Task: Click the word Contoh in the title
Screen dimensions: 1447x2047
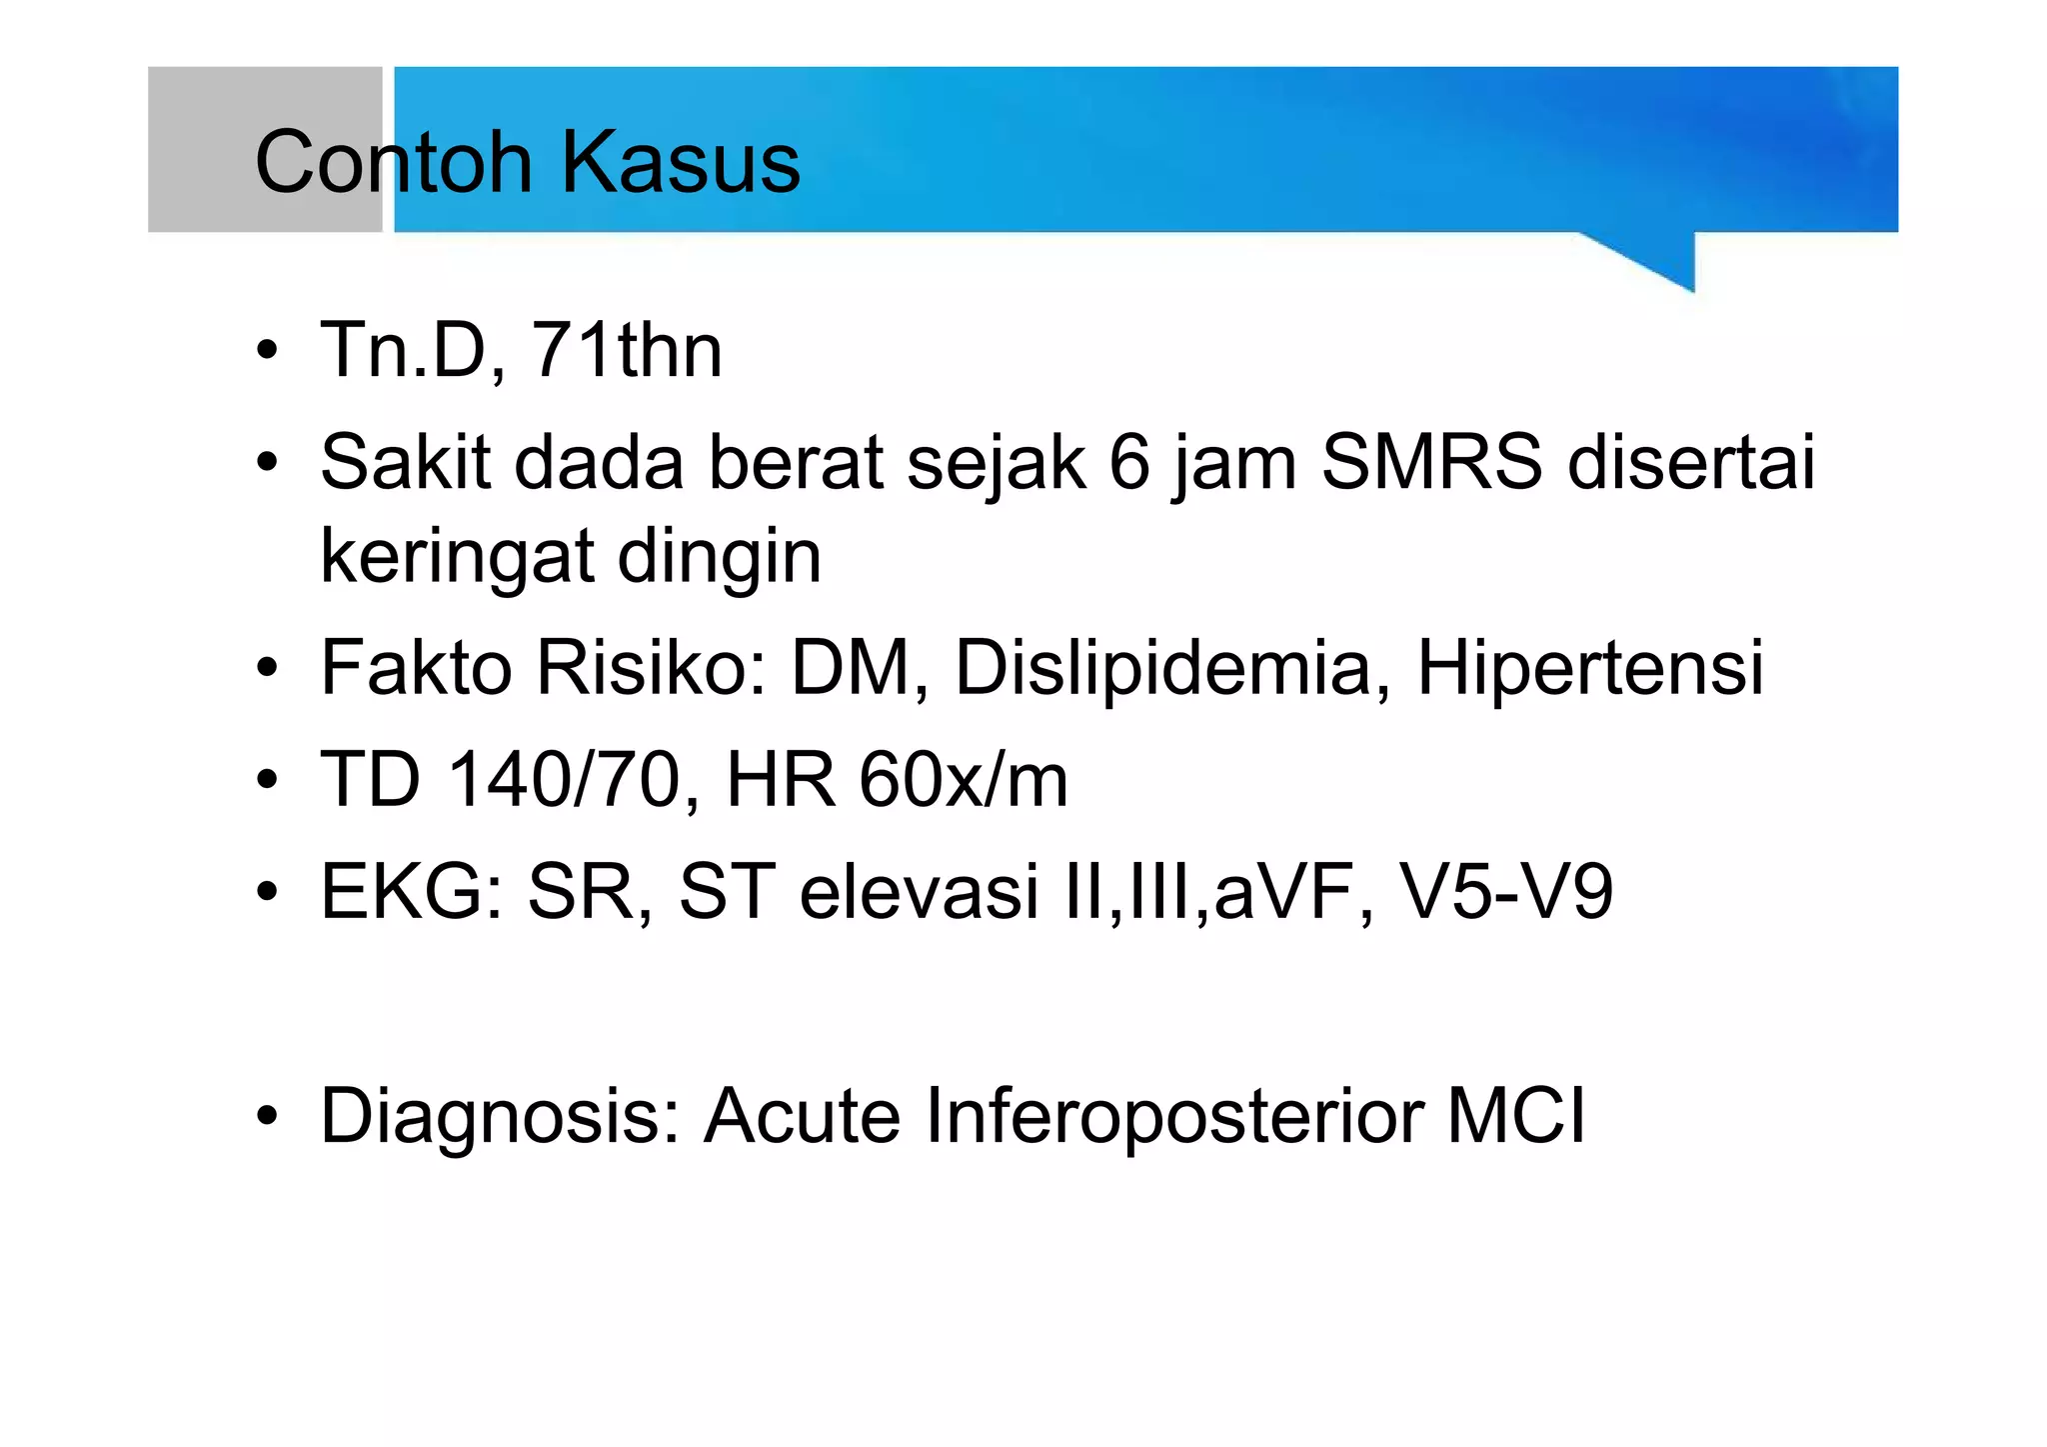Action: pyautogui.click(x=394, y=161)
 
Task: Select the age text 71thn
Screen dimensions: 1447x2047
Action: pyautogui.click(x=626, y=351)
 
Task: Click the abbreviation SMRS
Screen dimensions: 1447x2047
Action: pyautogui.click(x=1431, y=463)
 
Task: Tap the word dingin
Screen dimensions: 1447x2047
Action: pyautogui.click(x=719, y=558)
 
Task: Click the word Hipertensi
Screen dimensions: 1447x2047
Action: pyautogui.click(x=1590, y=667)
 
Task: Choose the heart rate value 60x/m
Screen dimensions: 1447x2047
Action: pyautogui.click(x=964, y=780)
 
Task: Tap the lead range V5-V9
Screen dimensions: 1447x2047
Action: pyautogui.click(x=1505, y=891)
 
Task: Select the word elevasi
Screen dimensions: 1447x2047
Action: pyautogui.click(x=919, y=891)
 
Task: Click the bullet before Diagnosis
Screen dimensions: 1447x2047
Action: pyautogui.click(x=266, y=1116)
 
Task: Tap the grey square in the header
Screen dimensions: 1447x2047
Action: pyautogui.click(x=265, y=149)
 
